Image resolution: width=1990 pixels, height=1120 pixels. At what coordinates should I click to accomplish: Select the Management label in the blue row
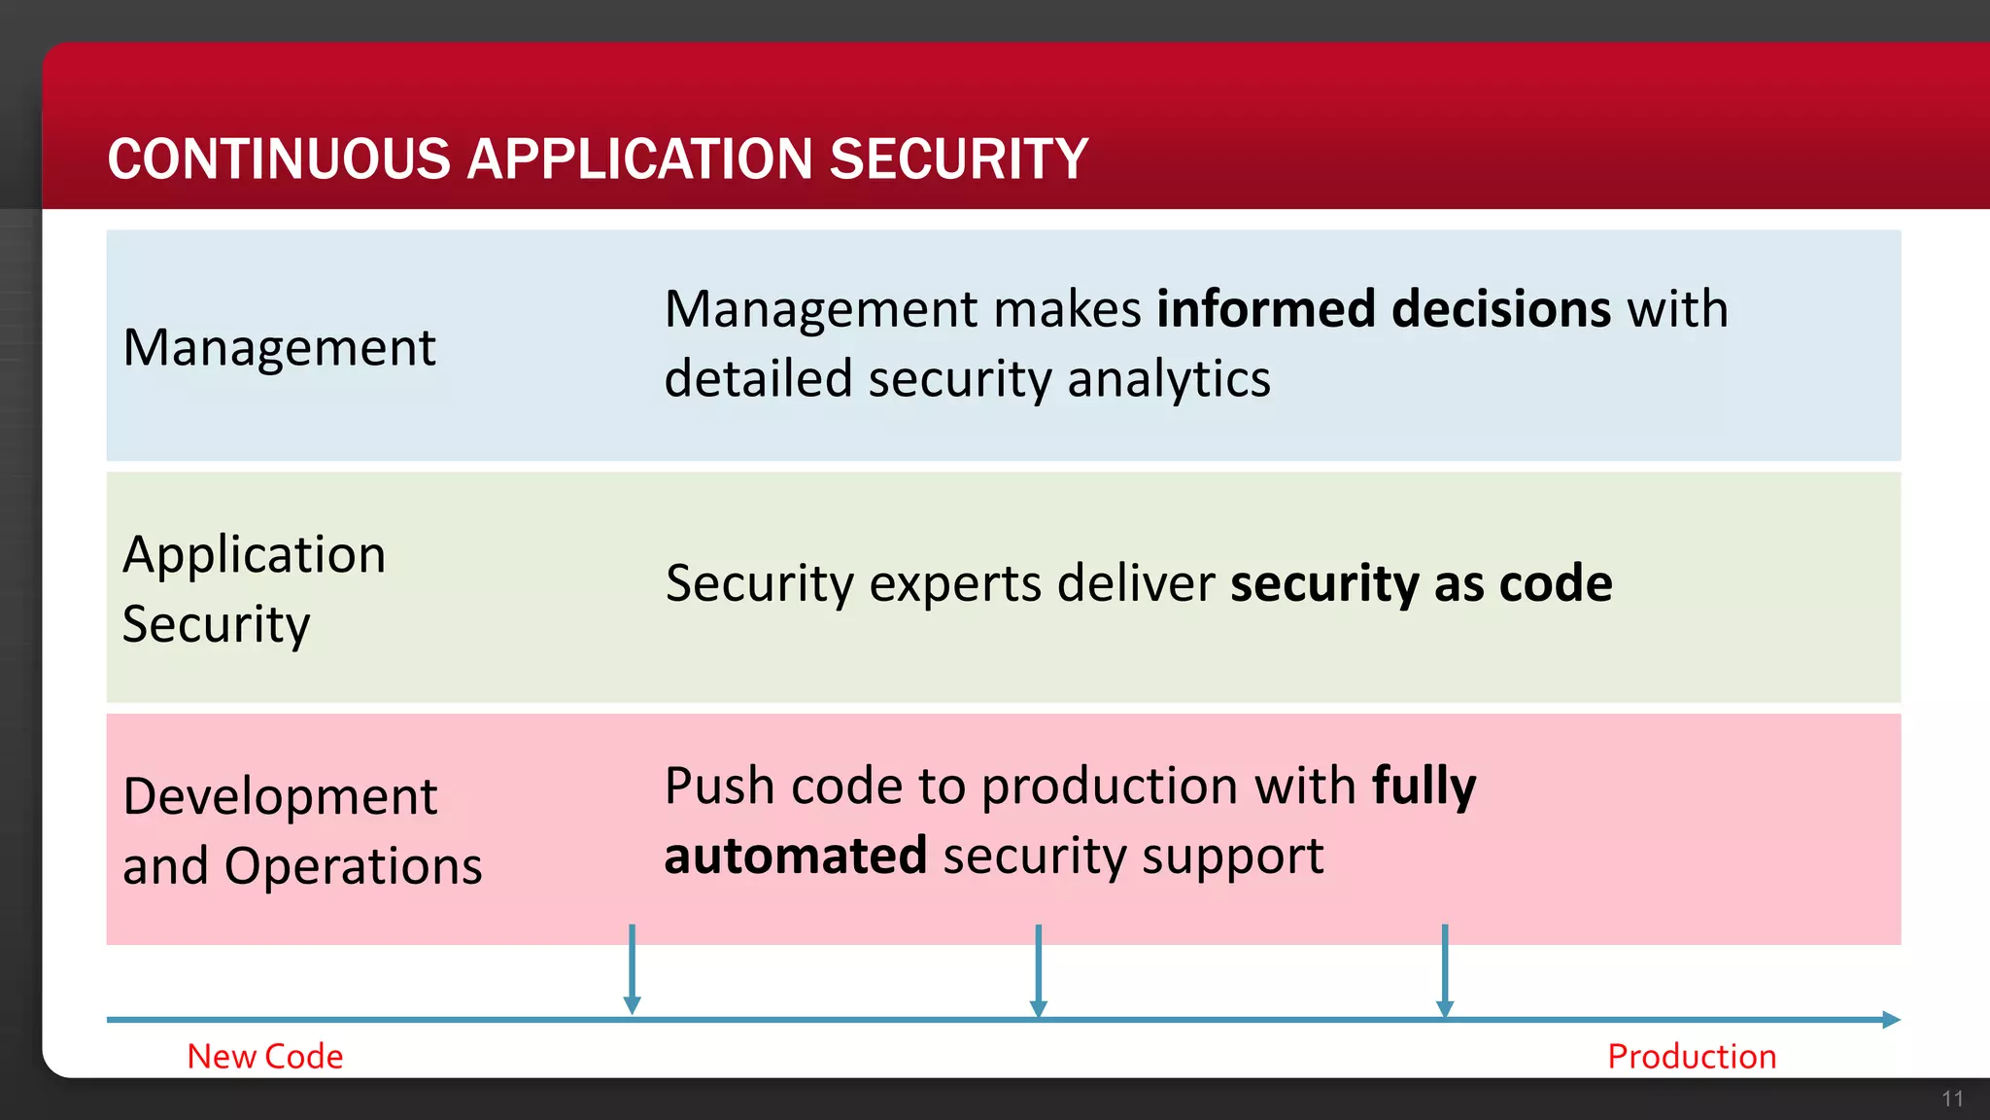(280, 348)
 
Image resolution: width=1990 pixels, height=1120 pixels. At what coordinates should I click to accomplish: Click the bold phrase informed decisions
(1384, 309)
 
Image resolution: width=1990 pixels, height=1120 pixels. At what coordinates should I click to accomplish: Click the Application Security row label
(254, 589)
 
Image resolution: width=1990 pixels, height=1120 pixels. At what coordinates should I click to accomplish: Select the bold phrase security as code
(1421, 583)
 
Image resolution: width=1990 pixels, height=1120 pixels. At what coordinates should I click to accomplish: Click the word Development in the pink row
(280, 797)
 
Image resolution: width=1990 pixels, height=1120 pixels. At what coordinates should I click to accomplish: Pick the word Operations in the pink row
(353, 866)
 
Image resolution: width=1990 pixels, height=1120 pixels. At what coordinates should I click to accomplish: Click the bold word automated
(795, 856)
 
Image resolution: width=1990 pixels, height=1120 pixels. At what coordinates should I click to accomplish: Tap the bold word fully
(1424, 787)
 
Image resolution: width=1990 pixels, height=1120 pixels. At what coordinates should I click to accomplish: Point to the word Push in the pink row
(719, 786)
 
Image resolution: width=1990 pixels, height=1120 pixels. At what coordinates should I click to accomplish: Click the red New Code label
(265, 1057)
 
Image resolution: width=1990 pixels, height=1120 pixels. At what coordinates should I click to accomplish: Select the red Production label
(1692, 1057)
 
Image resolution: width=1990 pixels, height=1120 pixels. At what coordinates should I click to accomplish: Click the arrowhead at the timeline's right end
(1890, 1020)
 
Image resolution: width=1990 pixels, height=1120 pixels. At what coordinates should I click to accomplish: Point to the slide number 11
(1952, 1100)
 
